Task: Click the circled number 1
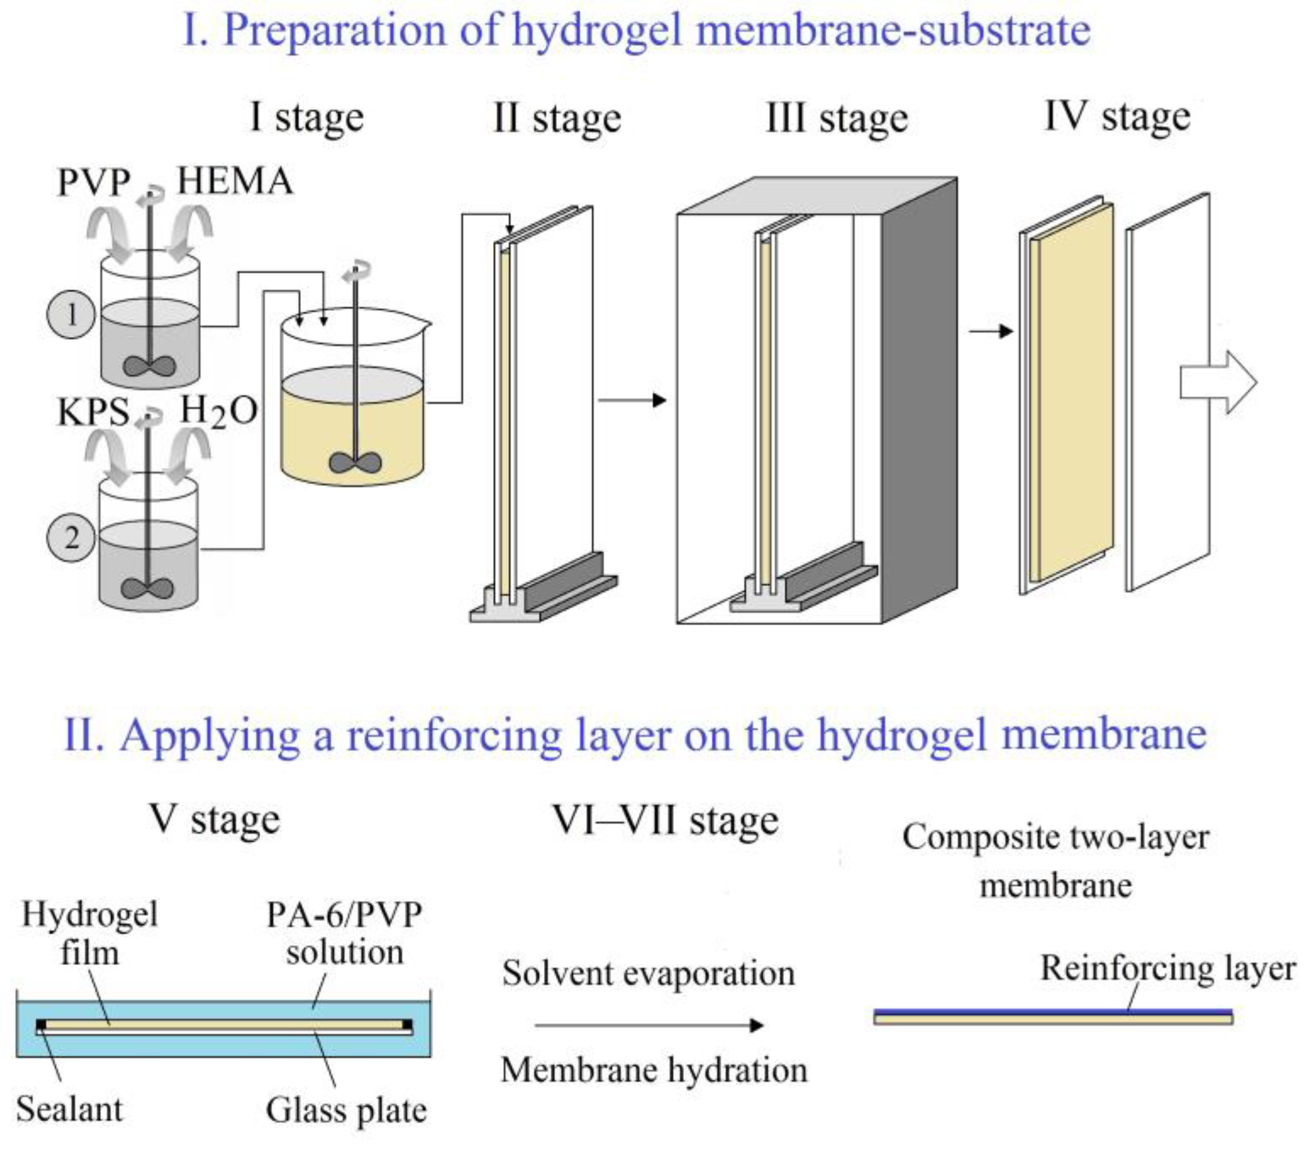71,315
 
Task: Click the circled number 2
71,538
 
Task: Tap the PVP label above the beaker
94,182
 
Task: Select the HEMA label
234,181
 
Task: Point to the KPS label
93,412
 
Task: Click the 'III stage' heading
837,119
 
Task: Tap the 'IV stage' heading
1118,117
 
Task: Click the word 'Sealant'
69,1110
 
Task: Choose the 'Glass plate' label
346,1110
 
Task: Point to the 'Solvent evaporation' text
648,973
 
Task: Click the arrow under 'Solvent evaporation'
649,1025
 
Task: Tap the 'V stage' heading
215,820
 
